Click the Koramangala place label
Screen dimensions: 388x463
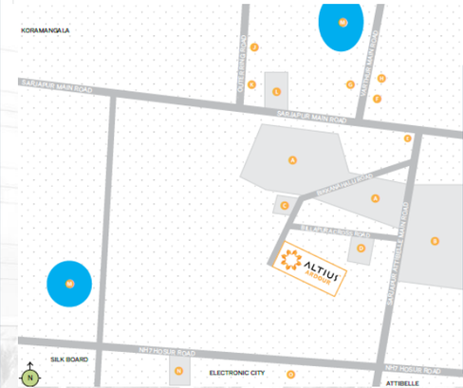point(46,30)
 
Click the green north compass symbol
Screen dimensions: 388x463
point(30,377)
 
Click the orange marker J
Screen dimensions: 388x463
point(254,46)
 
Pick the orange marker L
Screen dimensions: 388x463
point(276,92)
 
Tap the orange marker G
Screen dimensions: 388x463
point(350,84)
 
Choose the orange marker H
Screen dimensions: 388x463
point(381,78)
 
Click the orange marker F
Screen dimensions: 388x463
point(377,98)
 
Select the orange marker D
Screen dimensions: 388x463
point(361,249)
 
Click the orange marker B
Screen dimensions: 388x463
point(434,241)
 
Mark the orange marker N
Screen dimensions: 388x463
point(178,371)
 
